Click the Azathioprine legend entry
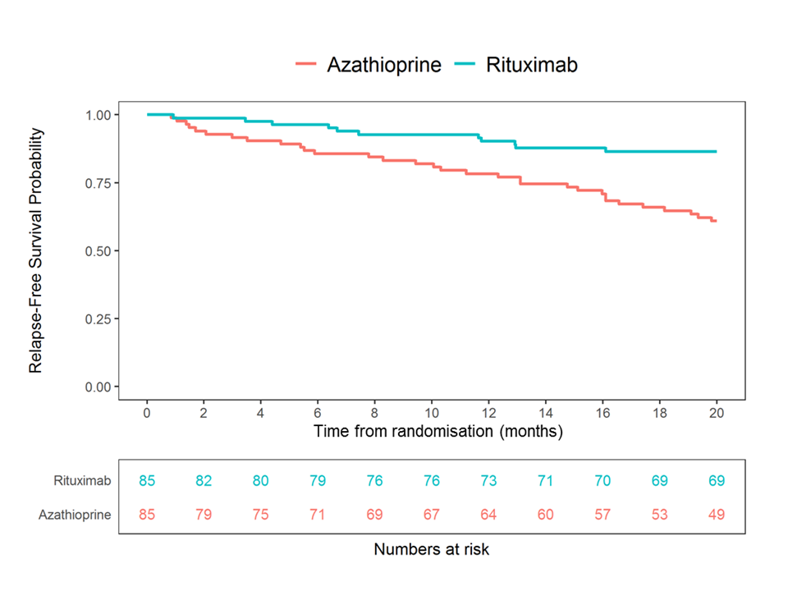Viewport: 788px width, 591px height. [384, 65]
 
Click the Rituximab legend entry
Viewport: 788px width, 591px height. [531, 65]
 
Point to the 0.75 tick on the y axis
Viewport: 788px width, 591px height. [103, 182]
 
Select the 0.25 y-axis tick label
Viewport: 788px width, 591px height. [103, 318]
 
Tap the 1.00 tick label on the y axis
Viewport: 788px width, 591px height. [103, 115]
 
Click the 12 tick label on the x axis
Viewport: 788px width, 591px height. [488, 411]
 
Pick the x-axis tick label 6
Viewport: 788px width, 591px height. [318, 411]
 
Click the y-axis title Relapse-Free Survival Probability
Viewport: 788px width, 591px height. [36, 250]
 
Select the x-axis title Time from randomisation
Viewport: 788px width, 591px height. [438, 430]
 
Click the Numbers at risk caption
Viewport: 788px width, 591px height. [432, 549]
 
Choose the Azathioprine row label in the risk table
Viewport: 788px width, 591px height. [76, 515]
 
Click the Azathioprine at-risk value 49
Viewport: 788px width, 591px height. [717, 515]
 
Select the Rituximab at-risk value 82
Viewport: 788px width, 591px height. [204, 481]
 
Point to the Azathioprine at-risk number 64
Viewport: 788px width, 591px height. [488, 515]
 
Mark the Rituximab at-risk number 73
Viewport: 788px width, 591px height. [488, 481]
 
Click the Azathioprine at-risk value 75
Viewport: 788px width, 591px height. [261, 515]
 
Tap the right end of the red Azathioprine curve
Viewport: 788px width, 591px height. [716, 221]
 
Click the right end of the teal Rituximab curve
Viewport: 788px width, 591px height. [716, 152]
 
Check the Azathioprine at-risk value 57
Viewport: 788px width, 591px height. [602, 515]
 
